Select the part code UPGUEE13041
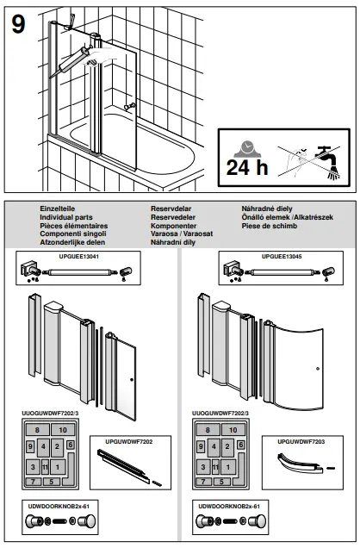(x=78, y=256)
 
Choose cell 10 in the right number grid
(x=233, y=429)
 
